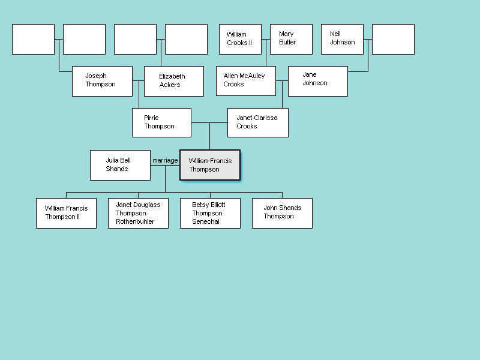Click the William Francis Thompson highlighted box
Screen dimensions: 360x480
[210, 165]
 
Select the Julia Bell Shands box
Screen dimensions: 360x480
[120, 165]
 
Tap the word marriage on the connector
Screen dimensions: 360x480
[165, 160]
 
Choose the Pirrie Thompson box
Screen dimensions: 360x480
[161, 122]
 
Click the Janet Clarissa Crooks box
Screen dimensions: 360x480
[258, 122]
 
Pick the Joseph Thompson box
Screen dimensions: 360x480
[102, 81]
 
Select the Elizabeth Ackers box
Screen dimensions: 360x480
[174, 81]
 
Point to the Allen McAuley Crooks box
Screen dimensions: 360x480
[246, 81]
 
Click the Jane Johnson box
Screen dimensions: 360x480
[318, 81]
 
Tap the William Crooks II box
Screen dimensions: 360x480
[240, 39]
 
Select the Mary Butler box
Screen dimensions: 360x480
[291, 39]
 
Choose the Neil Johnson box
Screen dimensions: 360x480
[342, 39]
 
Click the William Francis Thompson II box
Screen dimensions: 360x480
[66, 213]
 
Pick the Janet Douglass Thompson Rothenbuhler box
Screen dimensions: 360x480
[138, 213]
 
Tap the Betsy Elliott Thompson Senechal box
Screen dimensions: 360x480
[210, 213]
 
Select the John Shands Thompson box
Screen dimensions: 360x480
[282, 213]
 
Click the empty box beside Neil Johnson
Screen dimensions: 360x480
[393, 39]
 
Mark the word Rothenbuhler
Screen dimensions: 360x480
[135, 221]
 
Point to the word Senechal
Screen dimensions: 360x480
[206, 221]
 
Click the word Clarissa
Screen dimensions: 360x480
[266, 118]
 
